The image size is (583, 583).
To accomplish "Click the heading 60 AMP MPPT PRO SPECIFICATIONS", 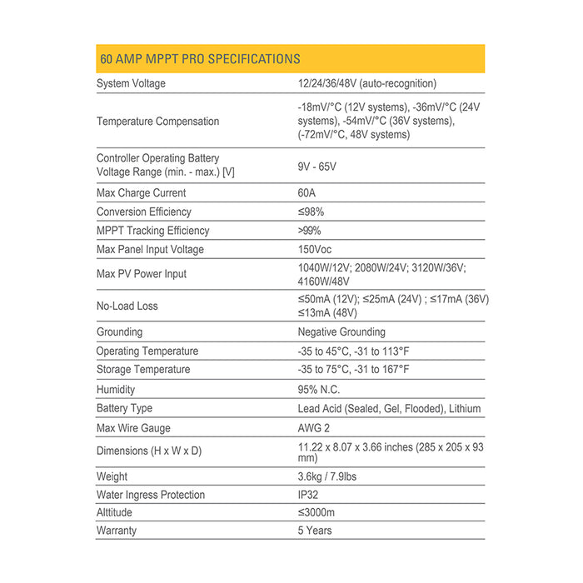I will coord(200,59).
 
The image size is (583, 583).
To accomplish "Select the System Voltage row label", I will coord(131,83).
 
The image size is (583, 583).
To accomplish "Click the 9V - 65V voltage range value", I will coord(316,167).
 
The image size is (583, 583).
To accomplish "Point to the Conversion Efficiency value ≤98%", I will coord(311,212).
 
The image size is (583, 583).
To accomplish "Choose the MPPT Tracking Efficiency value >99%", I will coord(309,231).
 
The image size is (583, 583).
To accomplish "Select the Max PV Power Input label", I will coord(142,274).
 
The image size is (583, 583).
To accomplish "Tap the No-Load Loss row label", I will coord(127,306).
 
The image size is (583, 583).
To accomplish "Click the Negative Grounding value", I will coord(341,331).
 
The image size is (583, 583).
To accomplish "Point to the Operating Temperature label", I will coord(147,351).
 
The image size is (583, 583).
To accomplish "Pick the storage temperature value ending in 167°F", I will coord(353,370).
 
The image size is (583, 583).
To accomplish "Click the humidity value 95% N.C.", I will coord(319,389).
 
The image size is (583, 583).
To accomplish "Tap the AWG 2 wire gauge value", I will coord(314,428).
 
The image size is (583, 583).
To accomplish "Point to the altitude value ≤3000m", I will coord(317,513).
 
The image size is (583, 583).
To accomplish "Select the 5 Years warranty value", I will coord(315,531).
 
